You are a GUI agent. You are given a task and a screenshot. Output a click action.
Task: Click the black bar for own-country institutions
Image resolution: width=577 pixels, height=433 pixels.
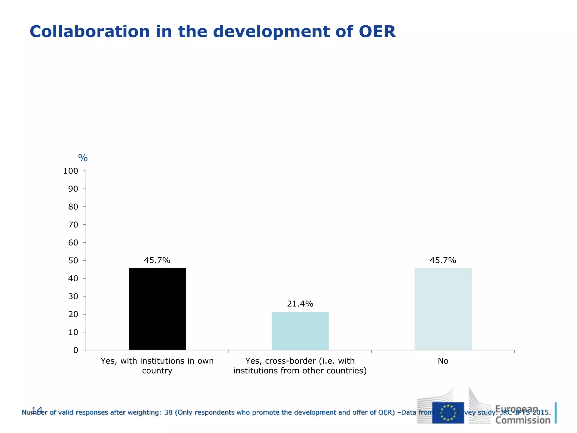point(157,309)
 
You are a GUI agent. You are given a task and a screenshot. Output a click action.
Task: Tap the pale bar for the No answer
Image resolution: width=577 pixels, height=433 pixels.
point(443,309)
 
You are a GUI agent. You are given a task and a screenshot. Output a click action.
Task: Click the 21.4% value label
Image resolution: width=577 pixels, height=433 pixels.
point(300,304)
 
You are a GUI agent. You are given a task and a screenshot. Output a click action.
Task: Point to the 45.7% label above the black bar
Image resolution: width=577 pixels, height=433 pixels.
point(157,260)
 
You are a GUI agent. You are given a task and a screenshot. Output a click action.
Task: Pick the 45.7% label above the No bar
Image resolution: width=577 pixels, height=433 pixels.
point(443,260)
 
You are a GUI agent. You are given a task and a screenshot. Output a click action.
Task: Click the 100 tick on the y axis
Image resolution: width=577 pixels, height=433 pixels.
point(71,171)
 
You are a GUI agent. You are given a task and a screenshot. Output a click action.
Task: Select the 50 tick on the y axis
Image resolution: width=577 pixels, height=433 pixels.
point(73,260)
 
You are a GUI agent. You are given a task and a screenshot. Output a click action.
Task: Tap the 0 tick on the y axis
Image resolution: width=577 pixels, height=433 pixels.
point(76,350)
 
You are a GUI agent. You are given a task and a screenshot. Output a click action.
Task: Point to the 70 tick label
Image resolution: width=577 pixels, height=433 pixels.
point(73,225)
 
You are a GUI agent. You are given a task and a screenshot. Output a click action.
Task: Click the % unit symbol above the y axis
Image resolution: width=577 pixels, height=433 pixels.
point(83,158)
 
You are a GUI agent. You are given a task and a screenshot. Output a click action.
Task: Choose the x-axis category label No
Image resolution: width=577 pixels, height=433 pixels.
point(443,361)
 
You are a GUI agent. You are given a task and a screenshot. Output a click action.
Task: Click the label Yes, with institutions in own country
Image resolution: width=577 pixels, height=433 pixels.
point(157,366)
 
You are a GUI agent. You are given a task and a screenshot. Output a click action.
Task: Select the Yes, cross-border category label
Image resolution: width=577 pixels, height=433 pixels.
point(300,366)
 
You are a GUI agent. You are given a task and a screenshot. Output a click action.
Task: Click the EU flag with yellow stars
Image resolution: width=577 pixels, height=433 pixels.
point(448,412)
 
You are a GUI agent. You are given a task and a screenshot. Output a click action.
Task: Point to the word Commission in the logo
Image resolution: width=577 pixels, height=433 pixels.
point(523,420)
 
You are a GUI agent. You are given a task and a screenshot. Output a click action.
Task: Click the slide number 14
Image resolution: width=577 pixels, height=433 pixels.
point(37,410)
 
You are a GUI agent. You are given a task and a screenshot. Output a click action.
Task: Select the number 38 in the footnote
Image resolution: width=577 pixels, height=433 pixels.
point(168,412)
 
